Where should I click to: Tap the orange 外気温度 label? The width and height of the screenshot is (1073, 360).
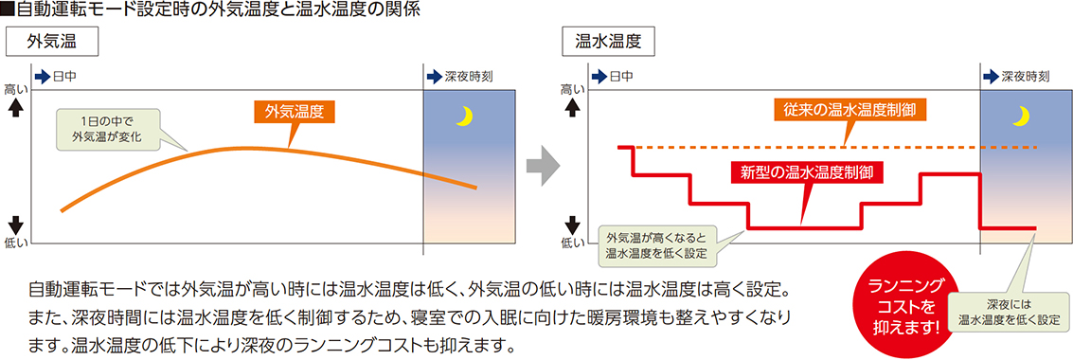coord(295,112)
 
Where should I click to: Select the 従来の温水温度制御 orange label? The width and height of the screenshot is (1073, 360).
coord(849,110)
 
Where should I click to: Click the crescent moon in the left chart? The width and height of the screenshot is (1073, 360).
coord(464,116)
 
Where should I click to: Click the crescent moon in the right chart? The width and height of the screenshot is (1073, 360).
coord(1020,116)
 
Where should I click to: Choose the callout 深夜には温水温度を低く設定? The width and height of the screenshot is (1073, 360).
coord(1008,313)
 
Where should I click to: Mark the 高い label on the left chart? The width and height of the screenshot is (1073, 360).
coord(16,89)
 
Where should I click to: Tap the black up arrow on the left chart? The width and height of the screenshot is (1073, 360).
coord(16,107)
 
